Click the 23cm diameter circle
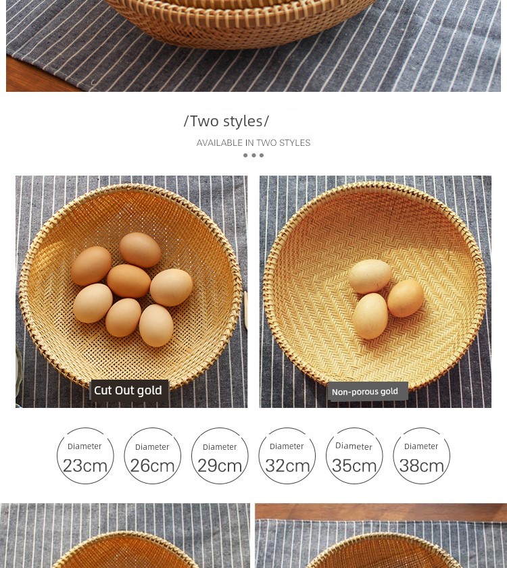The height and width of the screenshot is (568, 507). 85,428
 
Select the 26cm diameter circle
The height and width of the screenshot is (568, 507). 153,428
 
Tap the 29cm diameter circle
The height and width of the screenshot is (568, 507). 220,428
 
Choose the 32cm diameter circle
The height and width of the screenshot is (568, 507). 287,428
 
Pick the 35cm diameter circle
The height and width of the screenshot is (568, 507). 354,428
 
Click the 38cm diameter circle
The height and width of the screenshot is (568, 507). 421,428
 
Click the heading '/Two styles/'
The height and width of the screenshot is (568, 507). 226,121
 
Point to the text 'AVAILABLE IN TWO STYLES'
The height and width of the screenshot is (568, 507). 253,143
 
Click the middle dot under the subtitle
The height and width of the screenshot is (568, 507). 254,155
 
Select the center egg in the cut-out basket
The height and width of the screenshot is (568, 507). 128,281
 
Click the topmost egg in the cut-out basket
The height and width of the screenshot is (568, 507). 140,250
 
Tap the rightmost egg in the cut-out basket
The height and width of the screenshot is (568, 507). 171,287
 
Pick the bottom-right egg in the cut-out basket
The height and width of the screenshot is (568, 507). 156,326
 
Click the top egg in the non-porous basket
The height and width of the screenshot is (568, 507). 370,276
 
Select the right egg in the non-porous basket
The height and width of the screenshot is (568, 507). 406,298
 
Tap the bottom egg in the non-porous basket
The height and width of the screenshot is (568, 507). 370,316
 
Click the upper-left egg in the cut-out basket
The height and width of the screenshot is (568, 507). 91,266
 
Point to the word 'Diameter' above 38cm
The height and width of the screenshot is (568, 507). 421,446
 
